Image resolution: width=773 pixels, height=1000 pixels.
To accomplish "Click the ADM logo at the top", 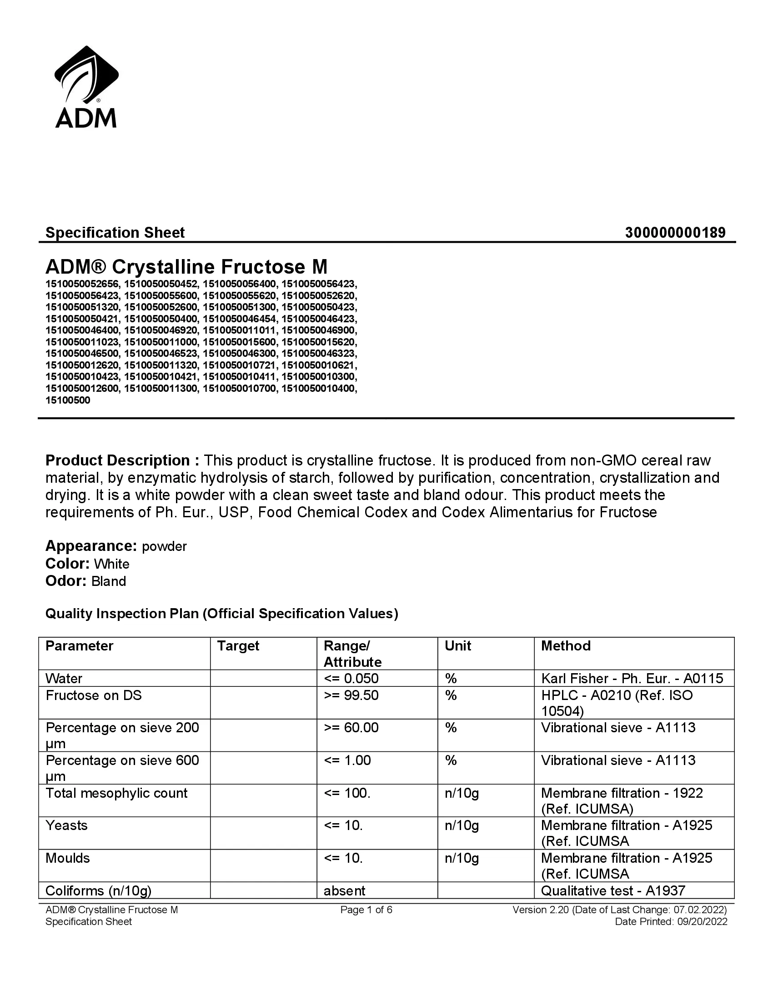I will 86,87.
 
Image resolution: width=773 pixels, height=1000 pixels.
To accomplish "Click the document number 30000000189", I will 675,233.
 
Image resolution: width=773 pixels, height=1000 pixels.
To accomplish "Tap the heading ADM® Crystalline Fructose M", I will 186,267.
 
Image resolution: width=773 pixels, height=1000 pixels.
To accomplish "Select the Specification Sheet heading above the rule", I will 115,233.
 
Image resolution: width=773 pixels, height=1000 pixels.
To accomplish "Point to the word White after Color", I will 112,564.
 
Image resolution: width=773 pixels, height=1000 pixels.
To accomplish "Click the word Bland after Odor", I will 109,581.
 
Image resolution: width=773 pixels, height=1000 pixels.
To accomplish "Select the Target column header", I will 238,645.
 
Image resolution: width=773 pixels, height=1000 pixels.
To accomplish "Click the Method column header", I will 566,645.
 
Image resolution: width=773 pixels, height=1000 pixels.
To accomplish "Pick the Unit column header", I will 457,645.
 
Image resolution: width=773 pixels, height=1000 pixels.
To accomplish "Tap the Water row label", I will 64,678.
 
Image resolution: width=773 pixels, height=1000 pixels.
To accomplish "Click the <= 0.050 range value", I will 351,678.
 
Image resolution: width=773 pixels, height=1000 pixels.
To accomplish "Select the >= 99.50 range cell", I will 351,695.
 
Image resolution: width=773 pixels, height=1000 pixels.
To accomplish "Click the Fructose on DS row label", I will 93,695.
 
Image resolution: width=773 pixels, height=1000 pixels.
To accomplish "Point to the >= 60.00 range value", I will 351,728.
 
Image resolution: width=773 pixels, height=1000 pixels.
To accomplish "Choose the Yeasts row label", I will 66,825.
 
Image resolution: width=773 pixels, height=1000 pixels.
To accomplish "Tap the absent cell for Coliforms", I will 344,890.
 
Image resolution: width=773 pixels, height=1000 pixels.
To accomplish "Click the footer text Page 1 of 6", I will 366,910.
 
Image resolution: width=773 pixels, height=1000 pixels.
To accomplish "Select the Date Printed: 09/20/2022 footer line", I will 671,921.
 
